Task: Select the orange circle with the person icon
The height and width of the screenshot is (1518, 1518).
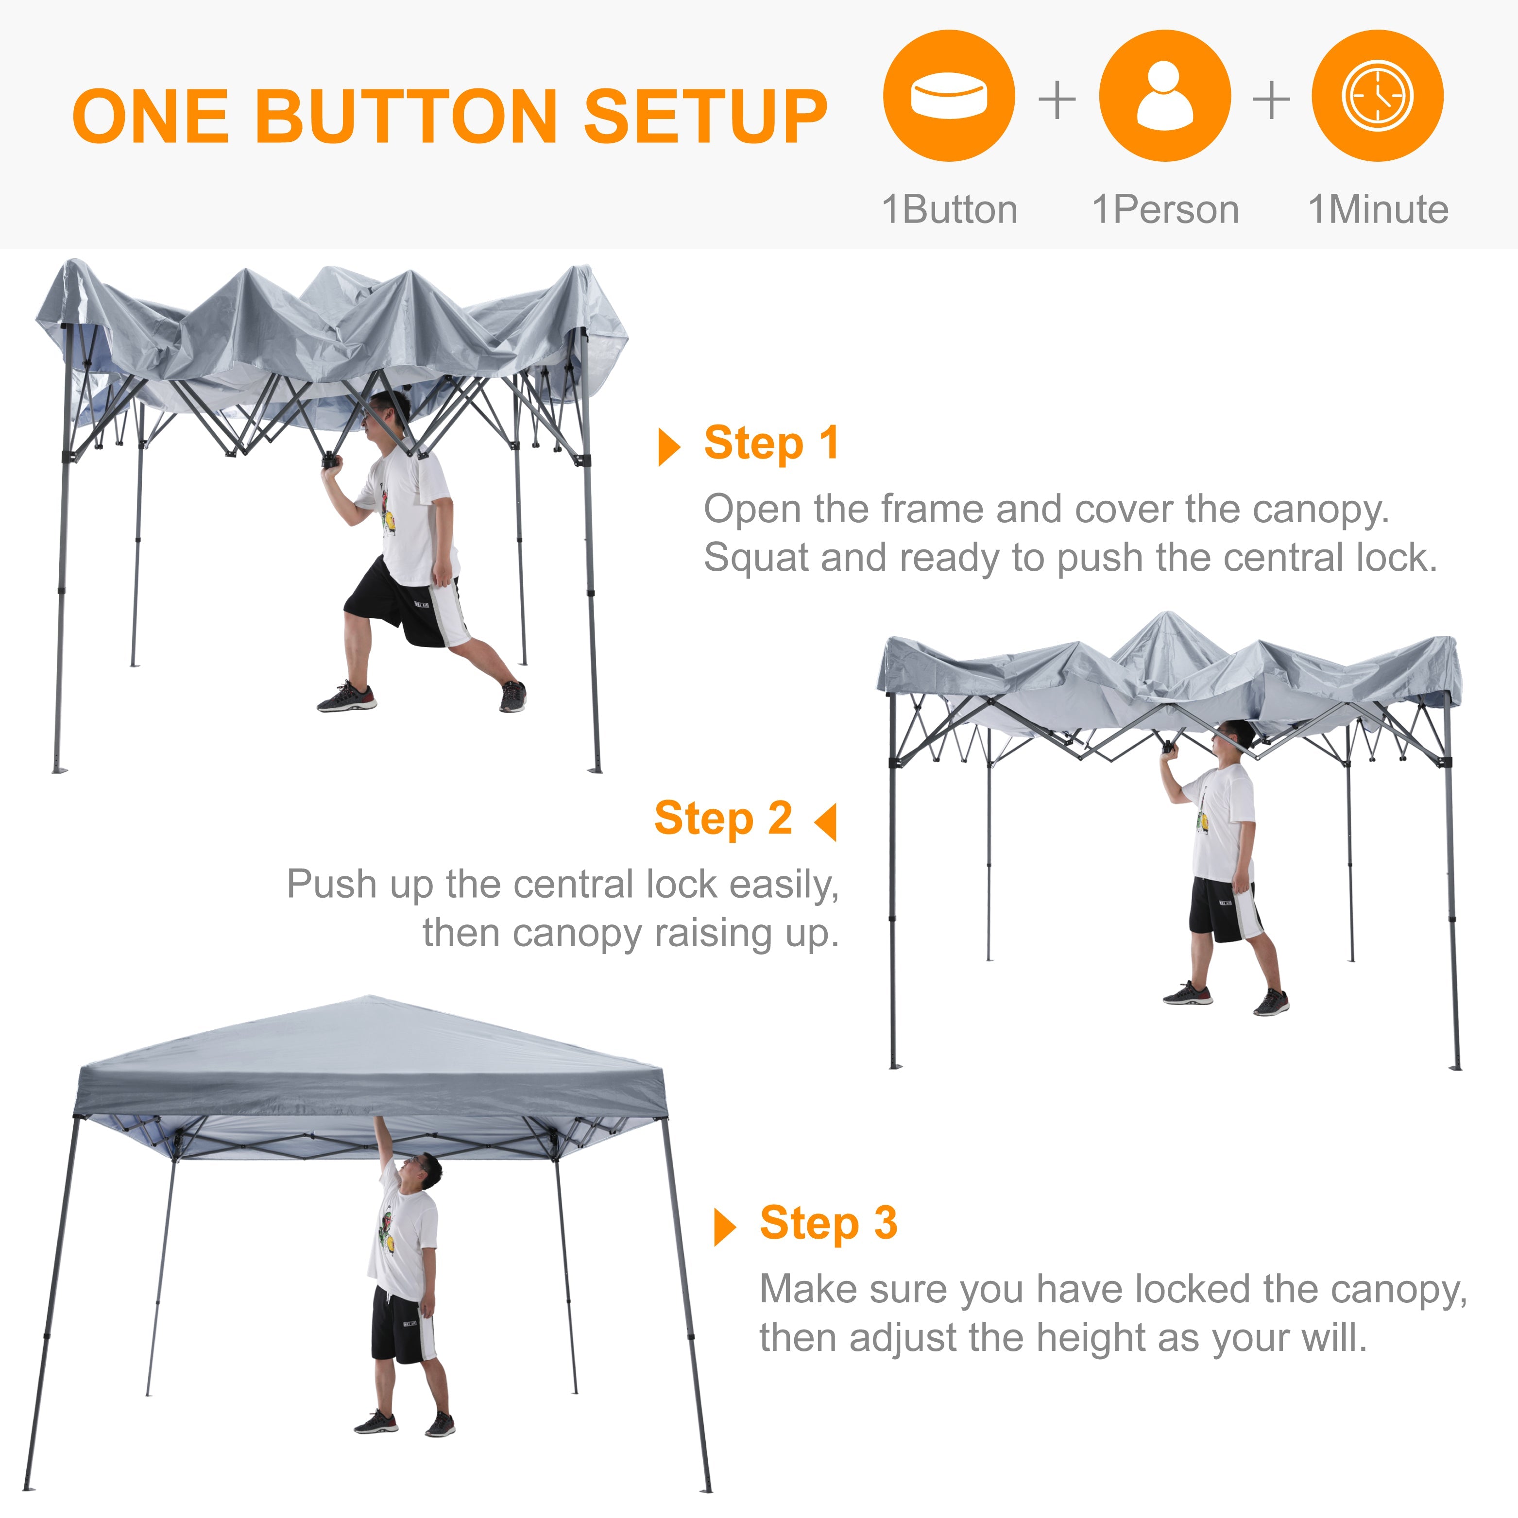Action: click(1164, 96)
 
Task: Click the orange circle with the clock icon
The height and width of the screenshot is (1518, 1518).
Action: click(1377, 96)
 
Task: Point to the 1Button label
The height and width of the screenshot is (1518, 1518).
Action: click(949, 210)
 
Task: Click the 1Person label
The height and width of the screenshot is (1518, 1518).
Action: click(1165, 210)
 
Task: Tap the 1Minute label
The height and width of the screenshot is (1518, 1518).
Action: click(1378, 210)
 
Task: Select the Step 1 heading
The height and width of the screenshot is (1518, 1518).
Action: click(771, 443)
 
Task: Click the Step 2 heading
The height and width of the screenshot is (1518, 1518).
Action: click(723, 818)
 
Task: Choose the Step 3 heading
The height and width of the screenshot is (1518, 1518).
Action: click(828, 1223)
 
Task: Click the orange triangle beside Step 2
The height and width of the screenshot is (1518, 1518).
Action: click(827, 822)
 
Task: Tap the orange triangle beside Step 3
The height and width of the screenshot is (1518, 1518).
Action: click(724, 1228)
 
